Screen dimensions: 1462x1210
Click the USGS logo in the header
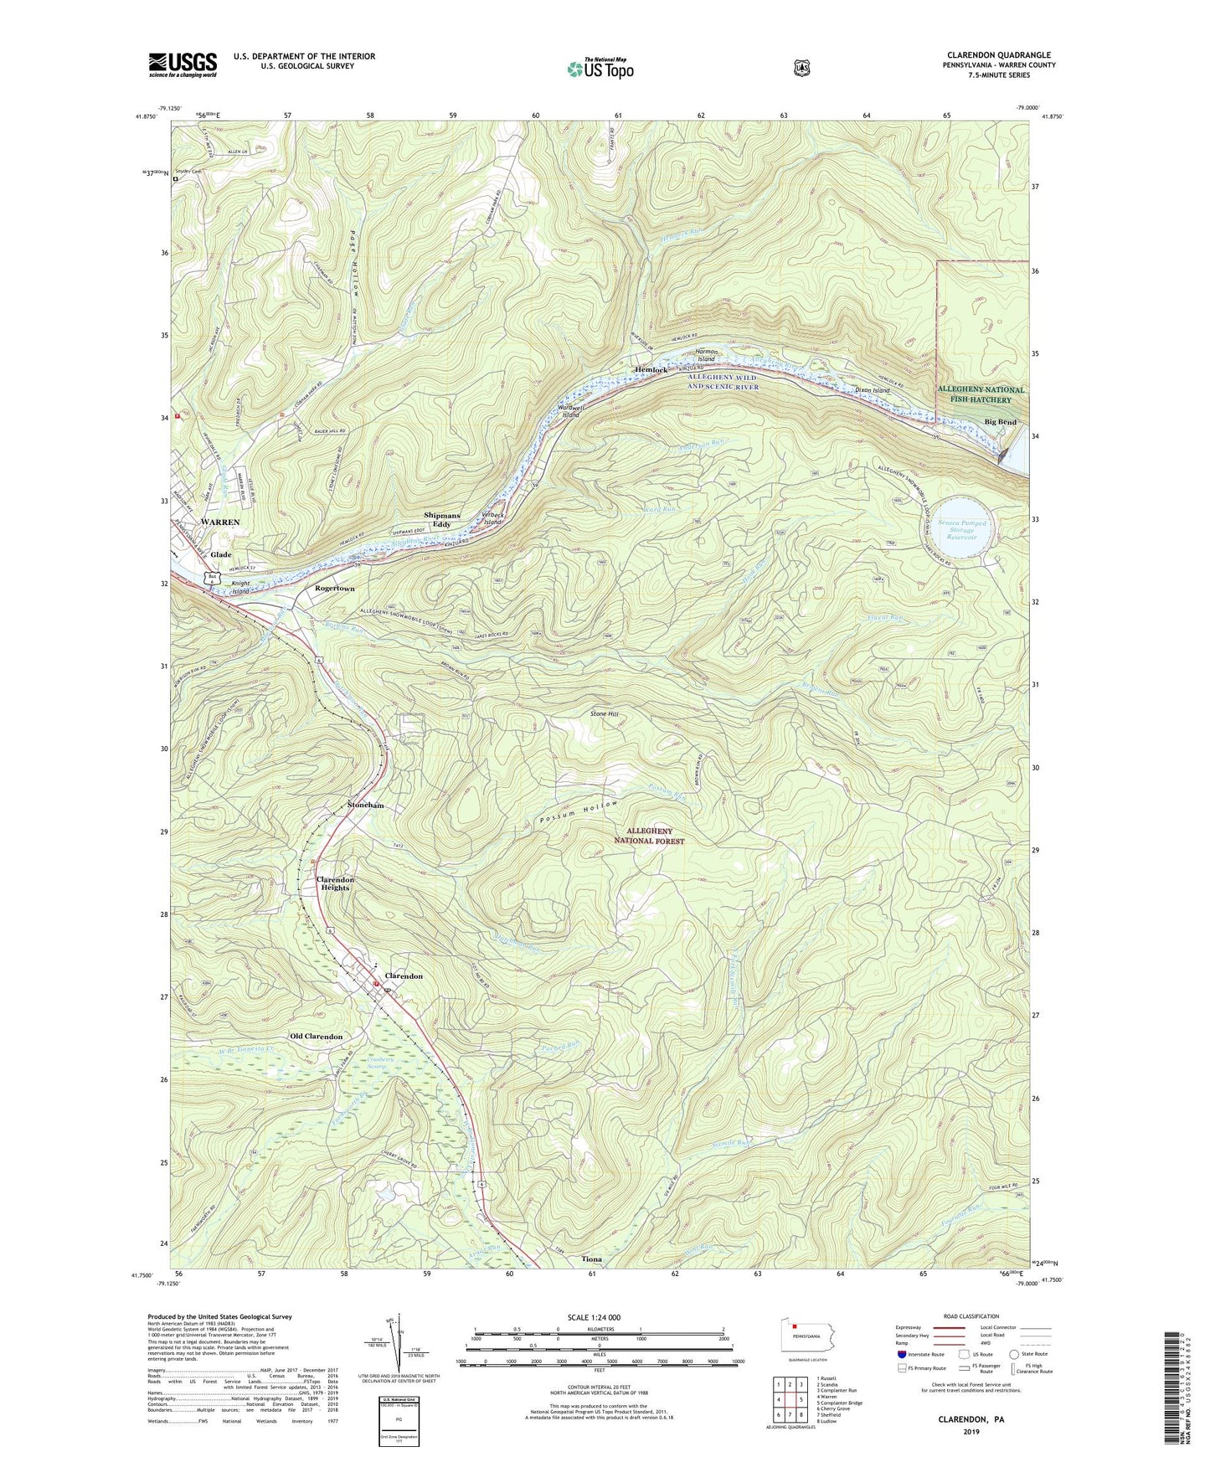coord(183,64)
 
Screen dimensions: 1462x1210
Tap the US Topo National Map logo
coord(599,68)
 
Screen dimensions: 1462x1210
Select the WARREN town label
coord(219,522)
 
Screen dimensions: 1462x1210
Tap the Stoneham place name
coord(366,805)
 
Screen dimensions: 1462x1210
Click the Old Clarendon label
coord(316,1037)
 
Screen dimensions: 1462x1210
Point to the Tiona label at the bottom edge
coord(592,1259)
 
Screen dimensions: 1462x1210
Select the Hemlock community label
coord(651,369)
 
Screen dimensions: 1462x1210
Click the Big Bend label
coord(1000,422)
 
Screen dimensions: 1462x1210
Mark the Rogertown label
coord(335,589)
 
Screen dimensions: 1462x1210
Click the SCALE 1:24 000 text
coord(594,1317)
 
